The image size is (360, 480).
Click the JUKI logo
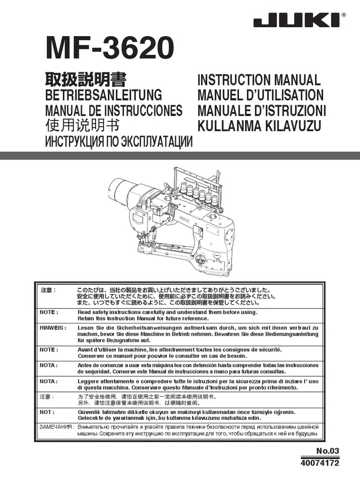(x=297, y=21)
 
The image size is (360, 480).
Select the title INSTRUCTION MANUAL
(x=259, y=80)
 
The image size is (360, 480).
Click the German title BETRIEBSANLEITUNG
(x=103, y=95)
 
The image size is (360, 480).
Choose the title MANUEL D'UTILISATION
(x=260, y=95)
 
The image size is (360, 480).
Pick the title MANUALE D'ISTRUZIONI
(x=262, y=111)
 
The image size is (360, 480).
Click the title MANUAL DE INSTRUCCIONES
(x=113, y=111)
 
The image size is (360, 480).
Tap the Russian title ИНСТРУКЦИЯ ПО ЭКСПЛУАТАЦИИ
(x=119, y=142)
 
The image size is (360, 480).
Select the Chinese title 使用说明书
(x=82, y=126)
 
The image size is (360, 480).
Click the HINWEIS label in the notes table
(x=52, y=328)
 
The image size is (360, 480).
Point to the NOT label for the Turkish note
(x=47, y=412)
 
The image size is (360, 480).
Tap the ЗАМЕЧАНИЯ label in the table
(x=55, y=427)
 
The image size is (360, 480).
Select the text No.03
(x=327, y=451)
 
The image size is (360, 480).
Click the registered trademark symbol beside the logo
(x=344, y=15)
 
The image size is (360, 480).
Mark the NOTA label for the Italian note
(x=49, y=381)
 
